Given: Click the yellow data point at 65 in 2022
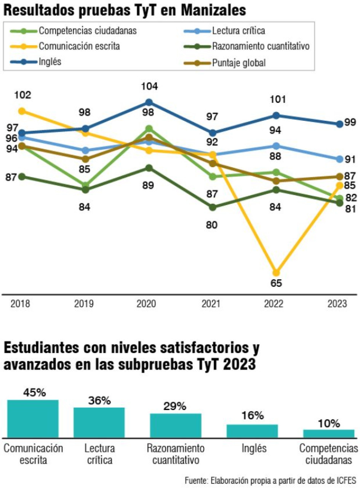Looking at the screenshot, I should pos(276,273).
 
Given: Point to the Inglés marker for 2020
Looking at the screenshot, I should pos(149,102).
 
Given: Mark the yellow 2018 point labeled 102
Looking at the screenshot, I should pos(22,111).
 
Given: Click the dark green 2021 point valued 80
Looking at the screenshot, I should pos(212,207).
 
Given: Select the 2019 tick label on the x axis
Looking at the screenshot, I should pos(84,304).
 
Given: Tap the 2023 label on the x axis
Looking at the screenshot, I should pos(337,304).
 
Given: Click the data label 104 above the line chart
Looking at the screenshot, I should pos(149,86).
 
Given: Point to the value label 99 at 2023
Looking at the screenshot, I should pos(350,122).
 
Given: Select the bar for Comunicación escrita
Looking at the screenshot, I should pos(33,418).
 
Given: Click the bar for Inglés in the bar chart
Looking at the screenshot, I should pos(252,431).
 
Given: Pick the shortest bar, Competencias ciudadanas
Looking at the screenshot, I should pos(328,434).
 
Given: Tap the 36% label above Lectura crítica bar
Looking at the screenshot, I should pos(99,400).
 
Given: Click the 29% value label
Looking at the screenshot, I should pos(175,406).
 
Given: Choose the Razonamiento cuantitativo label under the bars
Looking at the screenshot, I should pos(176,454).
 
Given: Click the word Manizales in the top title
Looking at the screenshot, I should pos(213,10).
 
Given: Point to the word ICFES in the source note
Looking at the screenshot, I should pos(346,480).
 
